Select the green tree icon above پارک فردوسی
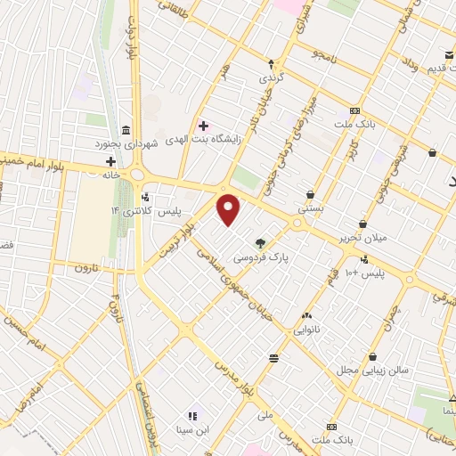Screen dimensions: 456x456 click(260, 242)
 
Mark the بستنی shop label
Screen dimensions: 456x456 click(310, 207)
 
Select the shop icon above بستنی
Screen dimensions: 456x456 click(310, 193)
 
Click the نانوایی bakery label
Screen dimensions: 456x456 click(308, 329)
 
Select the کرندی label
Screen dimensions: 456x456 click(272, 77)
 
